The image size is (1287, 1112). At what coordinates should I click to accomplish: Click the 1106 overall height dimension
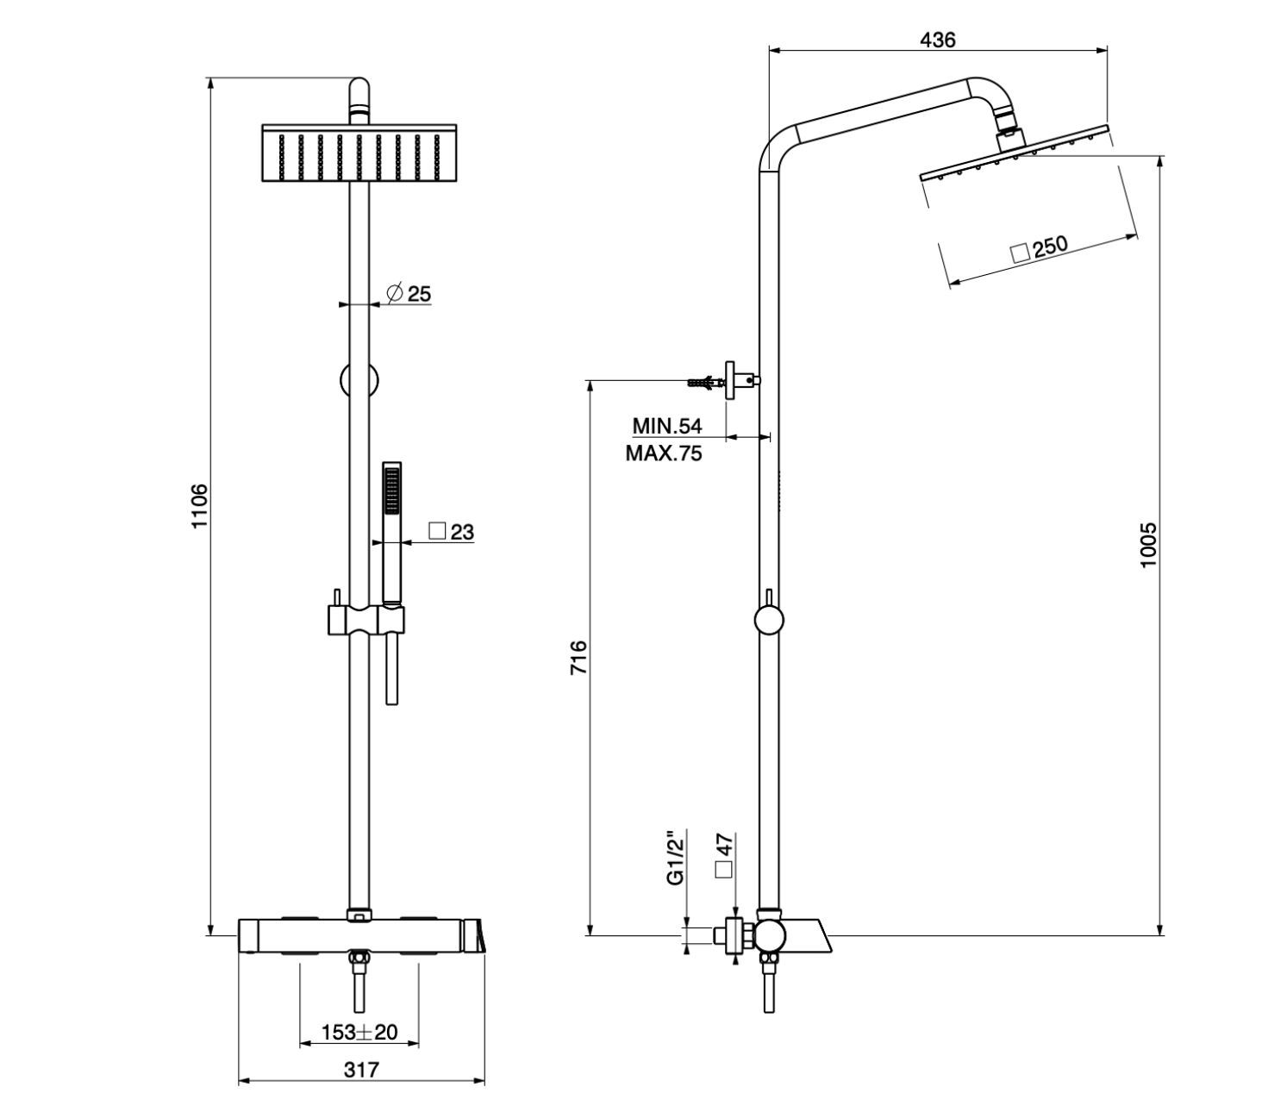[x=199, y=506]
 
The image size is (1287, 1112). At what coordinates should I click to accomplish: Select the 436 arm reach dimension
[x=937, y=40]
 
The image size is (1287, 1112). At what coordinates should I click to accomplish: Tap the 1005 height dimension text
[x=1147, y=545]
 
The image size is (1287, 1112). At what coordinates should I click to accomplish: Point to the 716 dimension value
[x=578, y=657]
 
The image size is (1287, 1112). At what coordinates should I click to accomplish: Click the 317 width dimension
[x=361, y=1070]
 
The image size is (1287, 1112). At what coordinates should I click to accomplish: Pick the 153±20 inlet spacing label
[x=359, y=1032]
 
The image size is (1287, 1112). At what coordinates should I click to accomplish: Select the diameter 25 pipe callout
[x=409, y=294]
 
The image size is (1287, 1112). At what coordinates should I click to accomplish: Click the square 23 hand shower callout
[x=452, y=532]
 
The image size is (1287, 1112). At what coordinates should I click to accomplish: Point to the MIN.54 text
[x=667, y=426]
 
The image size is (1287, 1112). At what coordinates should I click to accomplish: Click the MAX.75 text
[x=664, y=453]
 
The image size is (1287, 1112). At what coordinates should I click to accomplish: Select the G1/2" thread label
[x=675, y=857]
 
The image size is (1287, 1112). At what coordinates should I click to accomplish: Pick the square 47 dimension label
[x=723, y=854]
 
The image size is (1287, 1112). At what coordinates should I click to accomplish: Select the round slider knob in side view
[x=767, y=620]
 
